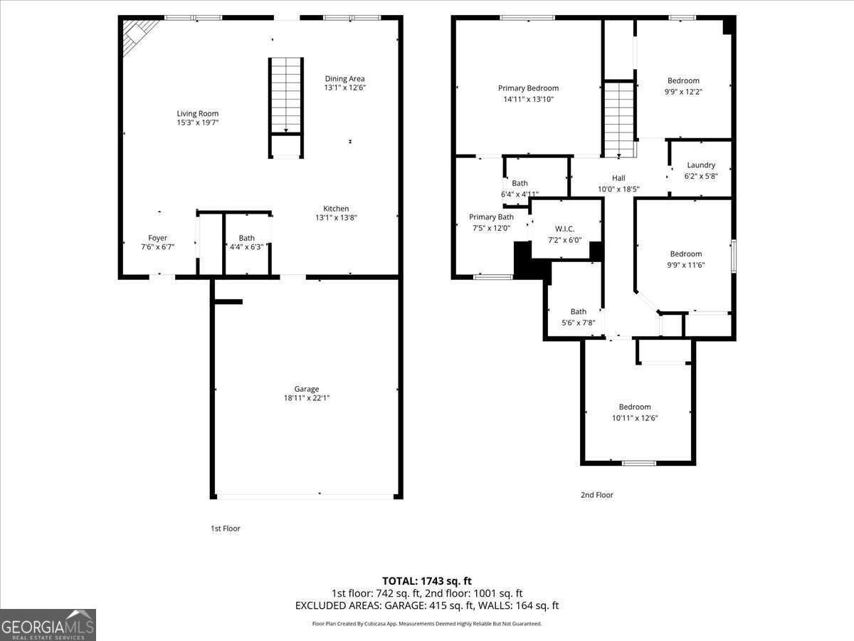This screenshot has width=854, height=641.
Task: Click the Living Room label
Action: pos(197,113)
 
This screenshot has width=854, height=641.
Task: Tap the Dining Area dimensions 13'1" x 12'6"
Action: pos(344,88)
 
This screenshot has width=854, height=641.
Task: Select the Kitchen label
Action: pos(336,209)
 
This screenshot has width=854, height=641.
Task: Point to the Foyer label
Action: pos(157,238)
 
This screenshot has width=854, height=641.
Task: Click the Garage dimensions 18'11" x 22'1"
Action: pos(306,398)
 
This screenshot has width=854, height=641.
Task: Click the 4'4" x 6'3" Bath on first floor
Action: pos(246,242)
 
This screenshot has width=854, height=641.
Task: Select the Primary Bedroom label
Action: pos(528,88)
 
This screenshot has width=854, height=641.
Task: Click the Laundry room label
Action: pos(700,165)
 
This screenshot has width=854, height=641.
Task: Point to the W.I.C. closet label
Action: pos(564,229)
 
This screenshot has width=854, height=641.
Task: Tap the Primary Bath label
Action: pos(491,217)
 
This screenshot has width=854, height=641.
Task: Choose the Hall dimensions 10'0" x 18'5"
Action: pos(618,189)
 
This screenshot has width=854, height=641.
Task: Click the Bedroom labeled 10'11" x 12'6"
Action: pos(634,412)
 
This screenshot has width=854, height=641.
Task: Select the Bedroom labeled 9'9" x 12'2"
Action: pos(683,85)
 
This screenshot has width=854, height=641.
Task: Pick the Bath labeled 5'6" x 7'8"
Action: pos(578,316)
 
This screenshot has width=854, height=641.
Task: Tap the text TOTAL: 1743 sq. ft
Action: pos(427,581)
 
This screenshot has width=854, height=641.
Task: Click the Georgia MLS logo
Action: pos(48,625)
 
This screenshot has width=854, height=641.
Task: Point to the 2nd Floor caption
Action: pos(596,495)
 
